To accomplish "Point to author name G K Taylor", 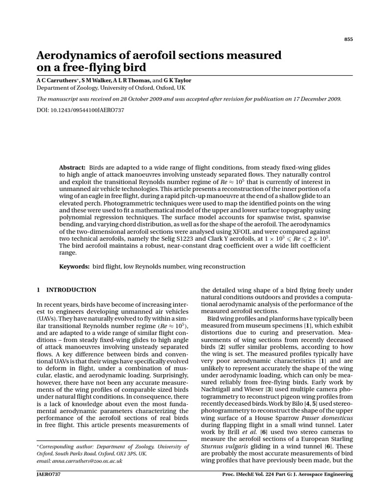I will coord(179,80).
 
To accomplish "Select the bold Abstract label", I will coord(72,167).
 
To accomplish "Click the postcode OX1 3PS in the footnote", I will coord(122,453).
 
